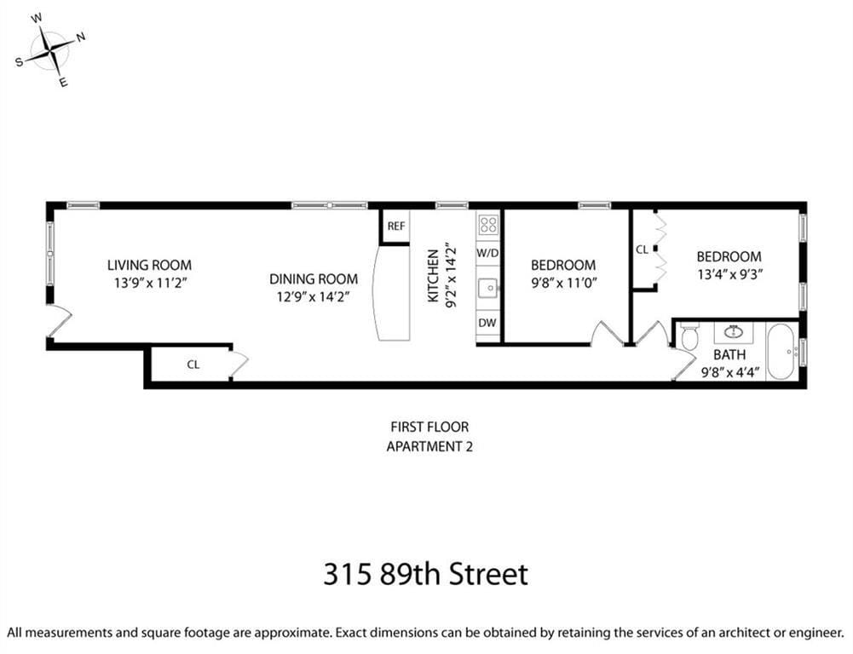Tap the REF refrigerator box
pyautogui.click(x=396, y=227)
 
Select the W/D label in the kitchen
pyautogui.click(x=487, y=253)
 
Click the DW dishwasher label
pyautogui.click(x=487, y=323)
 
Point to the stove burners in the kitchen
pyautogui.click(x=488, y=225)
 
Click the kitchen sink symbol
pyautogui.click(x=488, y=288)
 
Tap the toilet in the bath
pyautogui.click(x=689, y=336)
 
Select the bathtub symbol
pyautogui.click(x=781, y=351)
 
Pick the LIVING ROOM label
pyautogui.click(x=149, y=265)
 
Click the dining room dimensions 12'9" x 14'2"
pyautogui.click(x=312, y=295)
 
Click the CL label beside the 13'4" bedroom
pyautogui.click(x=642, y=250)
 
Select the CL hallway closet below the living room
pyautogui.click(x=193, y=364)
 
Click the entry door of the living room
pyautogui.click(x=57, y=321)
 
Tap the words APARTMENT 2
pyautogui.click(x=429, y=445)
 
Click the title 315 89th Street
pyautogui.click(x=425, y=573)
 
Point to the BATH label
pyautogui.click(x=729, y=354)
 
